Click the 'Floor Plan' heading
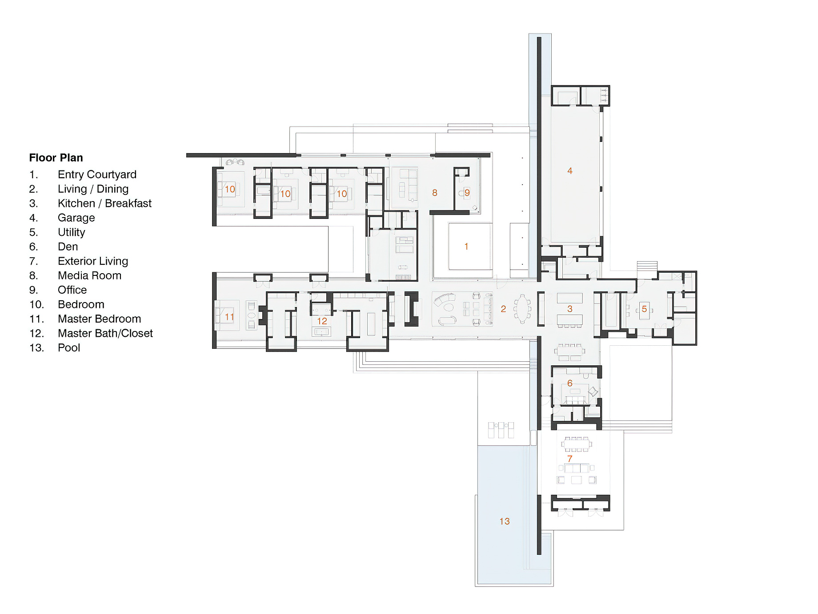pos(56,158)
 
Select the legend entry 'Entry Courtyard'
pos(97,174)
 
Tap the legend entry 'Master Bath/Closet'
pos(105,333)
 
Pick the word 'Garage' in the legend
pos(76,218)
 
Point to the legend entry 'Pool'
pos(69,348)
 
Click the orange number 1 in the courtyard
pos(466,246)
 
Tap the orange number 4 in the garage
pos(570,171)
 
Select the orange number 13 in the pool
pos(505,521)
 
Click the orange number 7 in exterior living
pos(569,459)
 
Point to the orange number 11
pos(229,317)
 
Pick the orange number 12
pos(322,321)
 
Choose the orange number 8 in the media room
pos(435,193)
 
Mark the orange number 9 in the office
pos(467,193)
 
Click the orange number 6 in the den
pos(570,384)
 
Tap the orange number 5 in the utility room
pos(644,309)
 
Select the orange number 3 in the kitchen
pos(570,309)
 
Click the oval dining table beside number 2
pos(522,309)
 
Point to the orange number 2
pos(503,309)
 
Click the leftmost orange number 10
pos(229,189)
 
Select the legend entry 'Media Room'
pos(89,275)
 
